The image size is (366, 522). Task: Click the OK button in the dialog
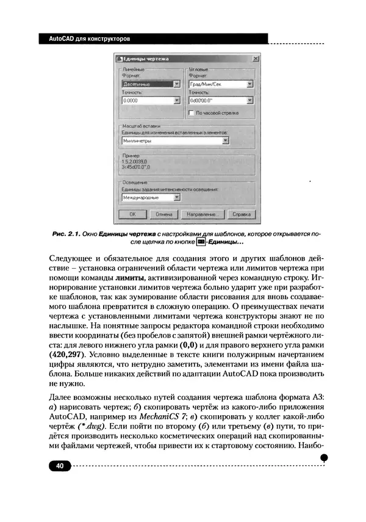pos(132,215)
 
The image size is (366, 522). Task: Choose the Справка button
pos(242,215)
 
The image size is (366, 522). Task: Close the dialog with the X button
pos(254,58)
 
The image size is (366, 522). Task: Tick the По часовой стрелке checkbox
pos(192,112)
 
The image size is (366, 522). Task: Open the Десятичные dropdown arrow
pos(176,84)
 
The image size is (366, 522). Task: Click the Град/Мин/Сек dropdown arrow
pos(250,84)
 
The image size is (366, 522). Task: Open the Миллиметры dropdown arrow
pos(225,140)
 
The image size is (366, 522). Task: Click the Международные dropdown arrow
pos(176,197)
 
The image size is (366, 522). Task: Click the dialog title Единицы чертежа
pos(146,58)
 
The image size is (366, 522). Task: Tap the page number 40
pos(60,466)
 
